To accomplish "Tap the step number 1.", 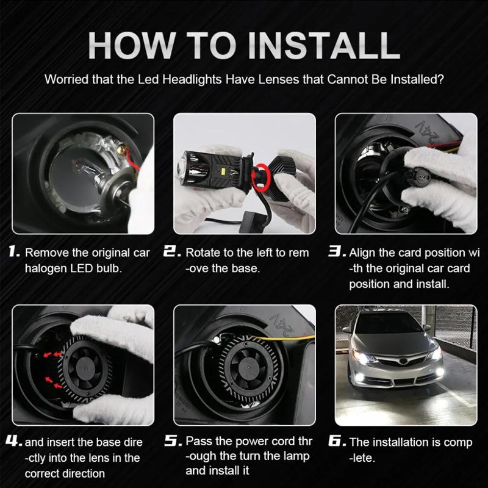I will click(x=15, y=252).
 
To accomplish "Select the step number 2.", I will click(x=173, y=252).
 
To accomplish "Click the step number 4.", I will click(x=15, y=440).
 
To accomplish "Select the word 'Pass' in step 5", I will click(x=198, y=440).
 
